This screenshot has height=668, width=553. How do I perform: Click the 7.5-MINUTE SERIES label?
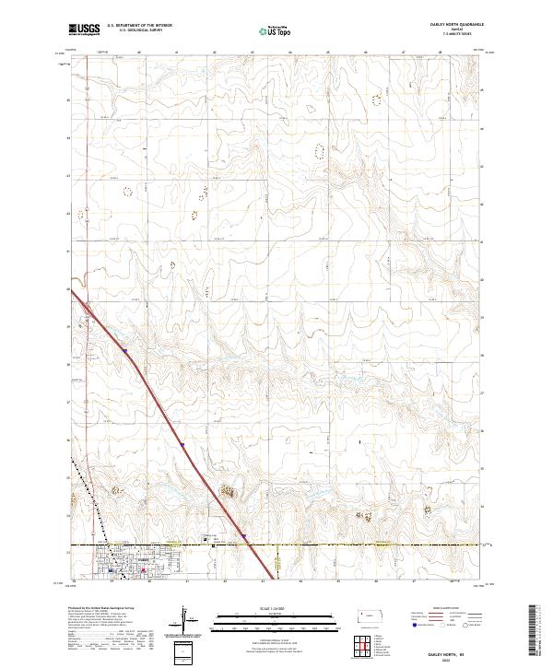[457, 36]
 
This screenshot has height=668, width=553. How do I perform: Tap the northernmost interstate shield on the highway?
[124, 349]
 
